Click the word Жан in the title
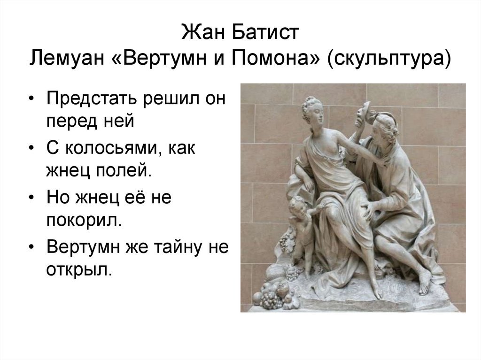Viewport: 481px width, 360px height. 201,34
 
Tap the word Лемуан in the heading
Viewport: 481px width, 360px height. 70,60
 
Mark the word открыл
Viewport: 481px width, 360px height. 79,270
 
